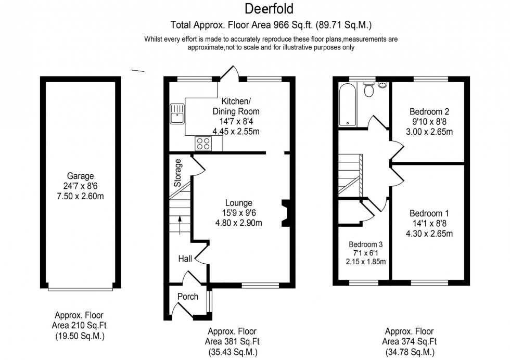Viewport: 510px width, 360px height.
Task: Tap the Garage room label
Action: [81, 176]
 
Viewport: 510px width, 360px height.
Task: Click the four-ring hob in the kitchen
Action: [202, 143]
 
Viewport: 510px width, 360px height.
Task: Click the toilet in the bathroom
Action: [369, 90]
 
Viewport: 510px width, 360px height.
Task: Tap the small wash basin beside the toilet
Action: [384, 85]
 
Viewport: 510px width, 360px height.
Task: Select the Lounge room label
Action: [239, 203]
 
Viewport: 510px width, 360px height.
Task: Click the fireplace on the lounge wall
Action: [285, 213]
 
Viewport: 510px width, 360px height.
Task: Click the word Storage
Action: [178, 173]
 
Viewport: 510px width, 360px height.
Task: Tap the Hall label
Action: [185, 259]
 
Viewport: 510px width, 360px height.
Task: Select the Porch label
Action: [188, 297]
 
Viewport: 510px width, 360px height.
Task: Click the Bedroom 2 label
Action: [429, 111]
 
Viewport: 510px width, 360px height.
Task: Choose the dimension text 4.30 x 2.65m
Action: [429, 234]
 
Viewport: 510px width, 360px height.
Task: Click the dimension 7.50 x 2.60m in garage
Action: [81, 196]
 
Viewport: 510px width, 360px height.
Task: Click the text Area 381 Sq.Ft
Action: [232, 341]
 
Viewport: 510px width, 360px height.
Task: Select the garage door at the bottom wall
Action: [80, 288]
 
